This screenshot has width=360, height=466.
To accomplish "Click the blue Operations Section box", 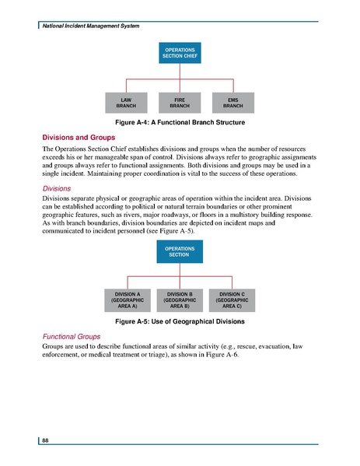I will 180,252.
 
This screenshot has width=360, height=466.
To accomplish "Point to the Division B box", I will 180,300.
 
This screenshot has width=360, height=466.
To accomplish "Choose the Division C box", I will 232,300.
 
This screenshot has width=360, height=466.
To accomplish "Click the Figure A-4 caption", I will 180,123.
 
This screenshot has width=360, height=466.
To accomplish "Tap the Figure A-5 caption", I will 180,321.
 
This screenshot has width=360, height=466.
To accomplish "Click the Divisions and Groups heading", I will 79,135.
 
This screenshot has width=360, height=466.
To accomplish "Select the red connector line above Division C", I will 232,282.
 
